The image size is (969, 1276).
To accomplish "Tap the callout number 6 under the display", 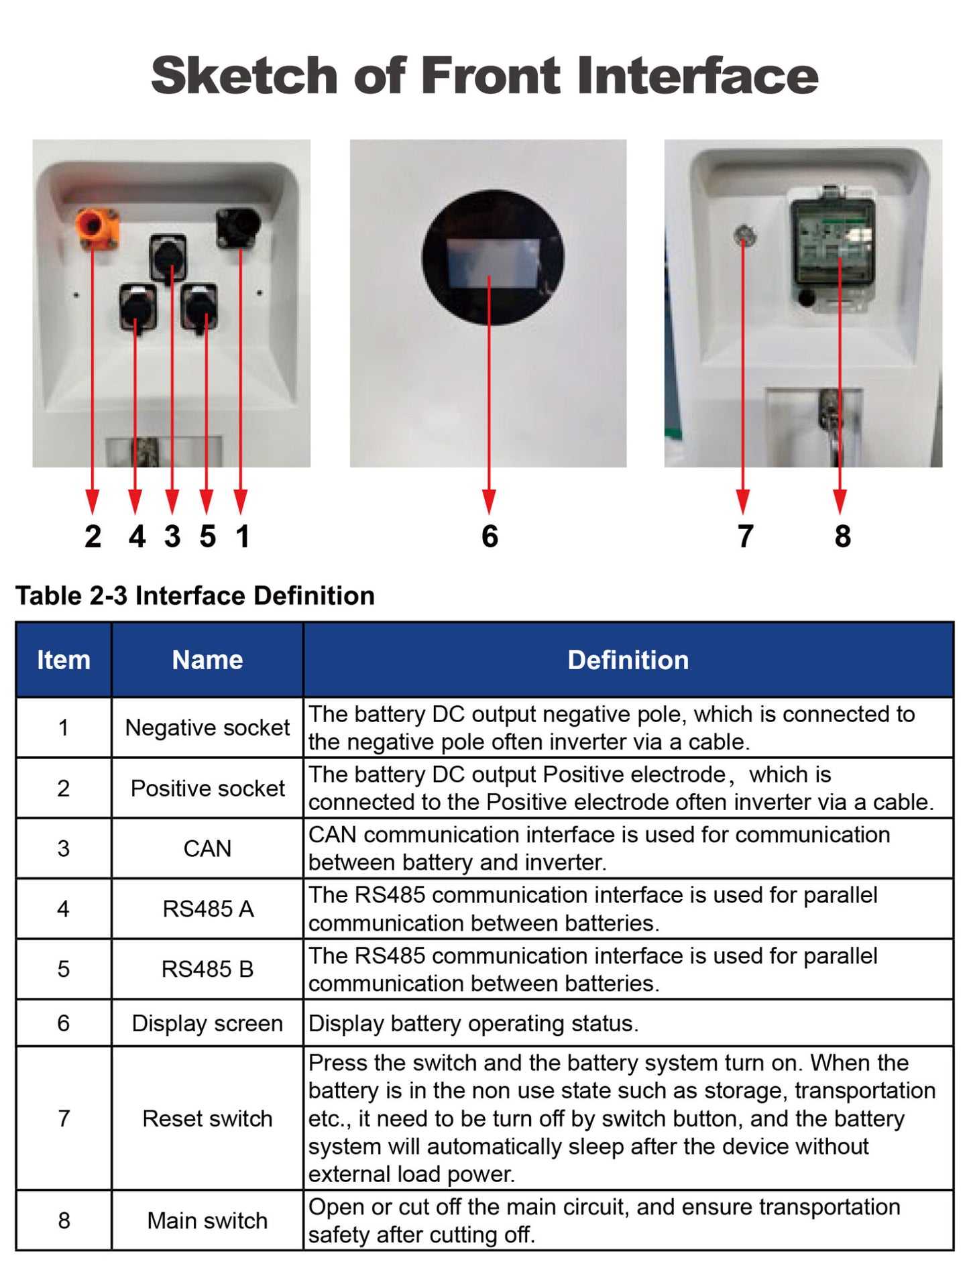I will pos(490,536).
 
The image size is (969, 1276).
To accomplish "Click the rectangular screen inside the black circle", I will pos(492,263).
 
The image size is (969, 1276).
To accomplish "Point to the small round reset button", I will pos(744,235).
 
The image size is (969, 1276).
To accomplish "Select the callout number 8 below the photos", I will pos(842,536).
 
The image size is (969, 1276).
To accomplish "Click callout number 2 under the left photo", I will pos(93,536).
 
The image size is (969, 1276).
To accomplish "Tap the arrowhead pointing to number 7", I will pos(743,502).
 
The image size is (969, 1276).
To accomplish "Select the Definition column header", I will pos(628,660).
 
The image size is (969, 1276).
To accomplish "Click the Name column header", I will pos(207,660).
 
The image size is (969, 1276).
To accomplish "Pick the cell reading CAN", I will pos(207,848).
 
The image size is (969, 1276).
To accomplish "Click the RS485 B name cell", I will pos(207,969).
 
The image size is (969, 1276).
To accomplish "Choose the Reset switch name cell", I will pos(207,1118).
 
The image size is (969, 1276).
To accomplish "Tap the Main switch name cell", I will pos(207,1220).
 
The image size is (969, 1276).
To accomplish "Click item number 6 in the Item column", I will pos(64,1023).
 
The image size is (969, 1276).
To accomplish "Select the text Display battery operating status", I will pos(473,1023).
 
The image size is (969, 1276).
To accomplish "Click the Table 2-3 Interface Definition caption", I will pos(194,595).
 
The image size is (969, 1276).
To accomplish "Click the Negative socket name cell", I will pos(207,728).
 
